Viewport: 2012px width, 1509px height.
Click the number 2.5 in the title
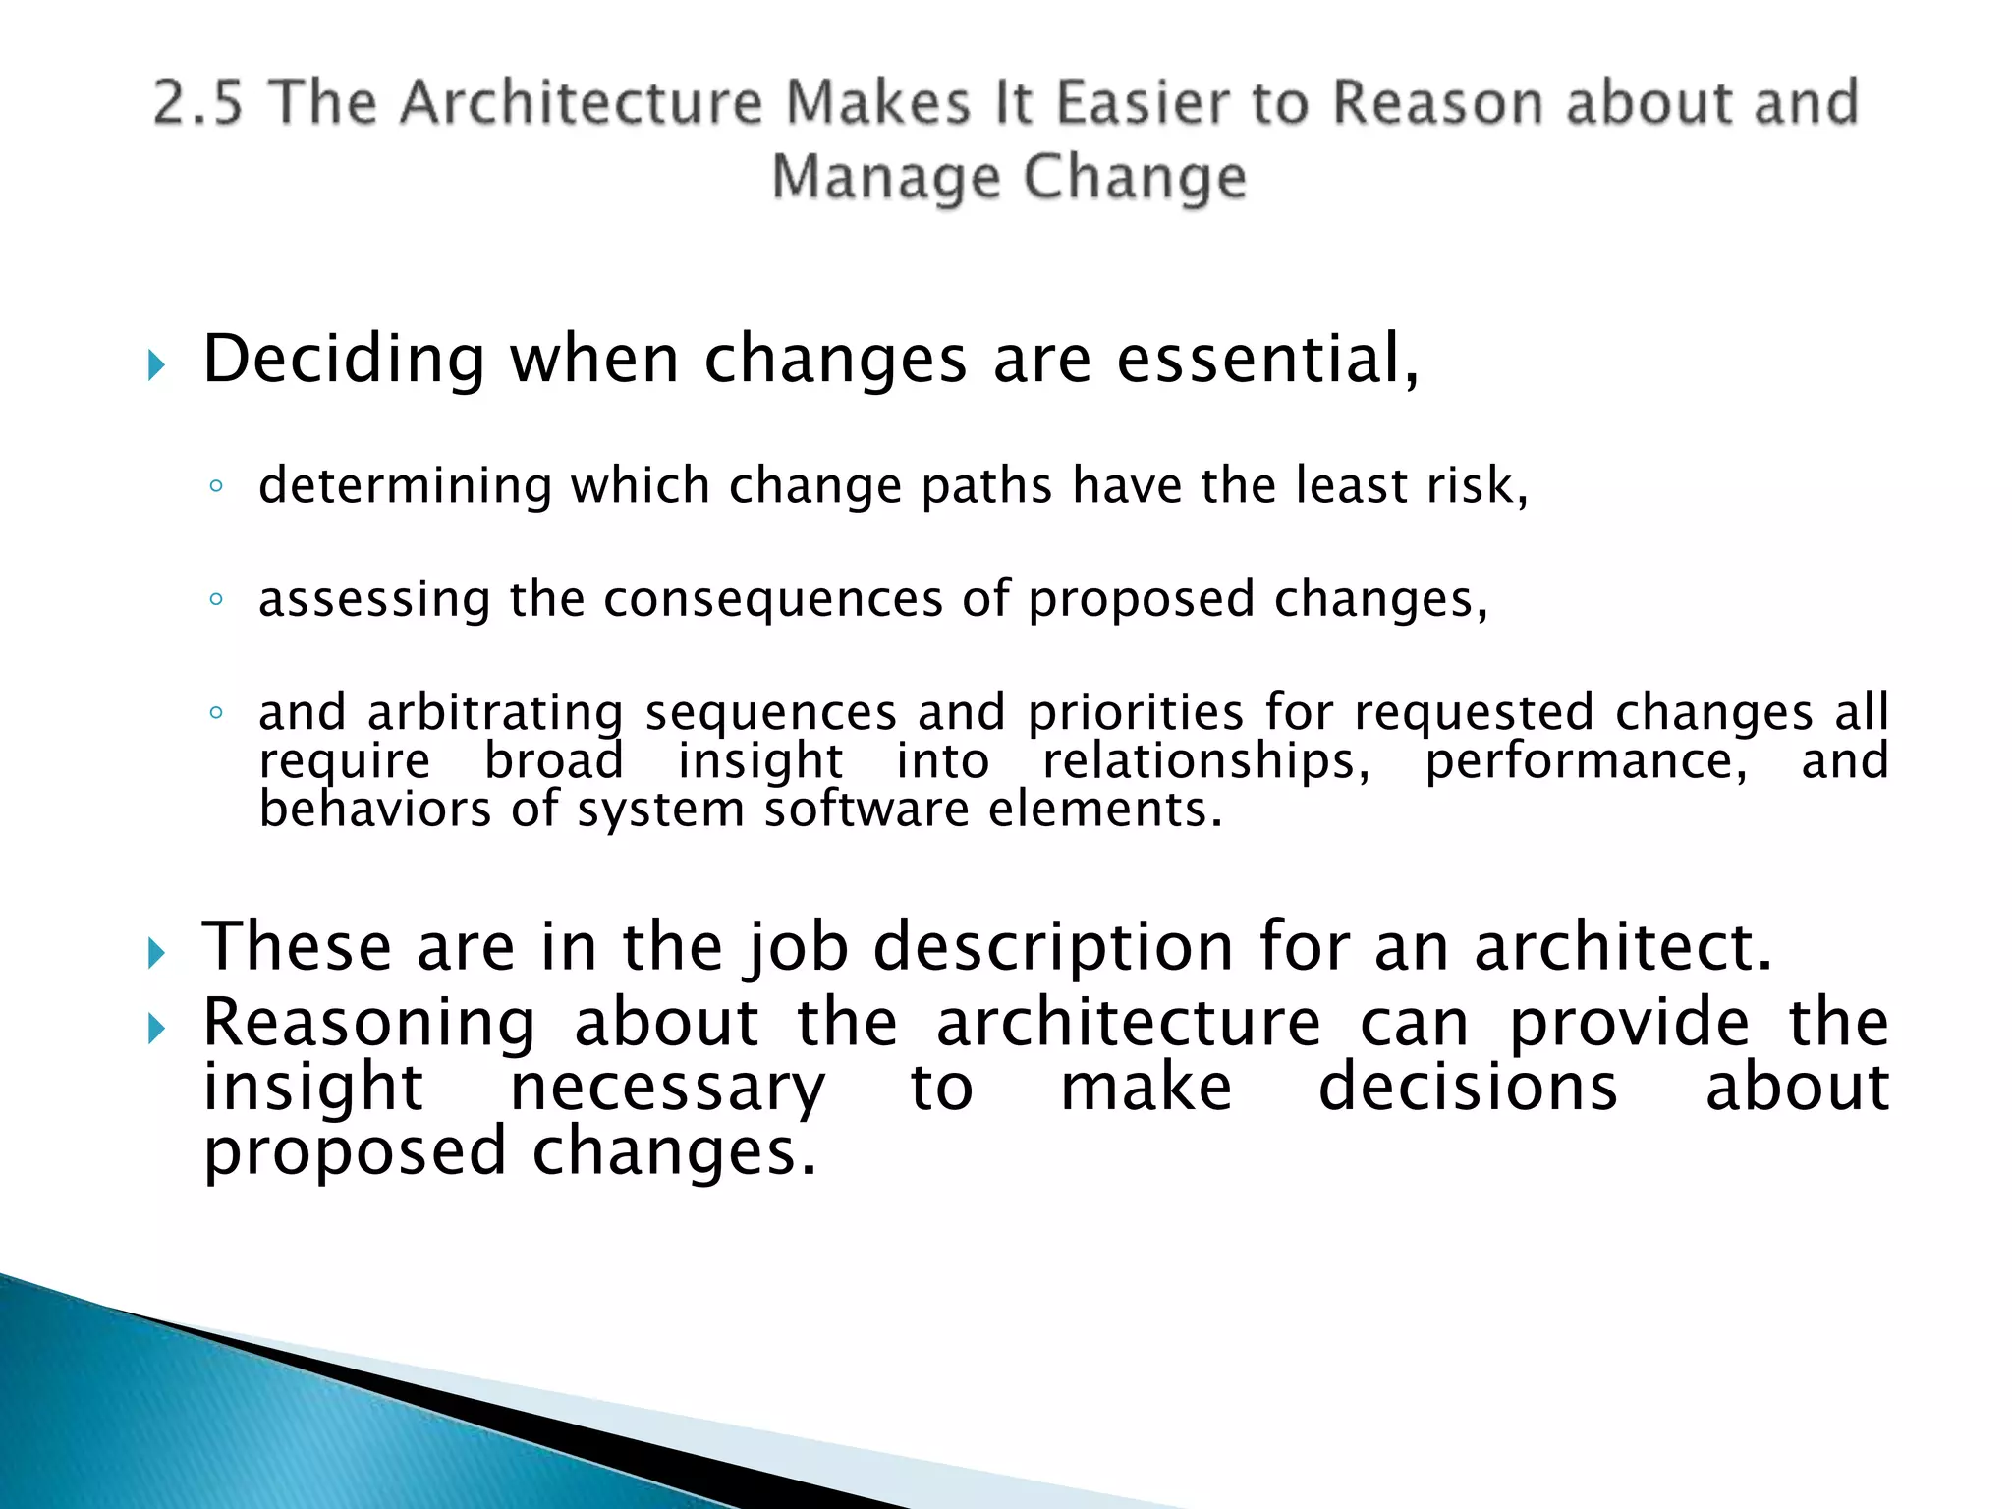click(197, 103)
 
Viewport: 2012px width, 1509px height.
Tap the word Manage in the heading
click(885, 178)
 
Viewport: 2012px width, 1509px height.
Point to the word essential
click(1266, 360)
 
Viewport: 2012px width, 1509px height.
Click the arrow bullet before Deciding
click(156, 366)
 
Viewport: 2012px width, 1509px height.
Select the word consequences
click(773, 599)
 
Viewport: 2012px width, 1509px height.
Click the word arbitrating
click(495, 712)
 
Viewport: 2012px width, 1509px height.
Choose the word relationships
click(1205, 761)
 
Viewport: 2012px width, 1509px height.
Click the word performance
click(1586, 761)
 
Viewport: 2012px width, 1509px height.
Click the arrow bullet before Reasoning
click(156, 1030)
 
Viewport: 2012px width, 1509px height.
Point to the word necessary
click(668, 1089)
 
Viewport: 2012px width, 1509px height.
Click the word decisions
click(1468, 1089)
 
